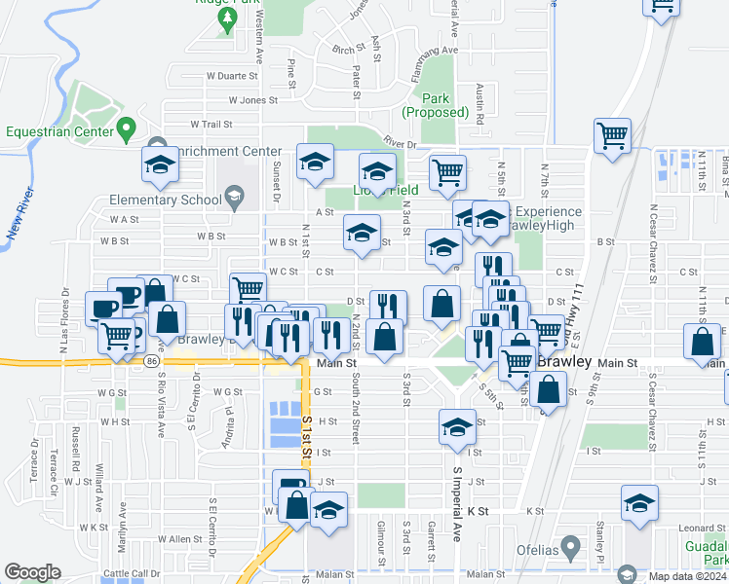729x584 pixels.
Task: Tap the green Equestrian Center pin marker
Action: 127,128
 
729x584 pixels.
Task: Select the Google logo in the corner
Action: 32,572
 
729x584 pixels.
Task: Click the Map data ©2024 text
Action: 688,576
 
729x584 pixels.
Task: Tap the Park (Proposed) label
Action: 436,105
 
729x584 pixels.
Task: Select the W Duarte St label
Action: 230,75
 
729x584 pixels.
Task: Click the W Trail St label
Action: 211,125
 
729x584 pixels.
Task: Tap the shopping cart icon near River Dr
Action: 613,135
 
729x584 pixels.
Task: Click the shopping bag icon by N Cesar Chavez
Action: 702,343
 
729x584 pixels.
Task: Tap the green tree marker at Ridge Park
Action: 227,18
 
